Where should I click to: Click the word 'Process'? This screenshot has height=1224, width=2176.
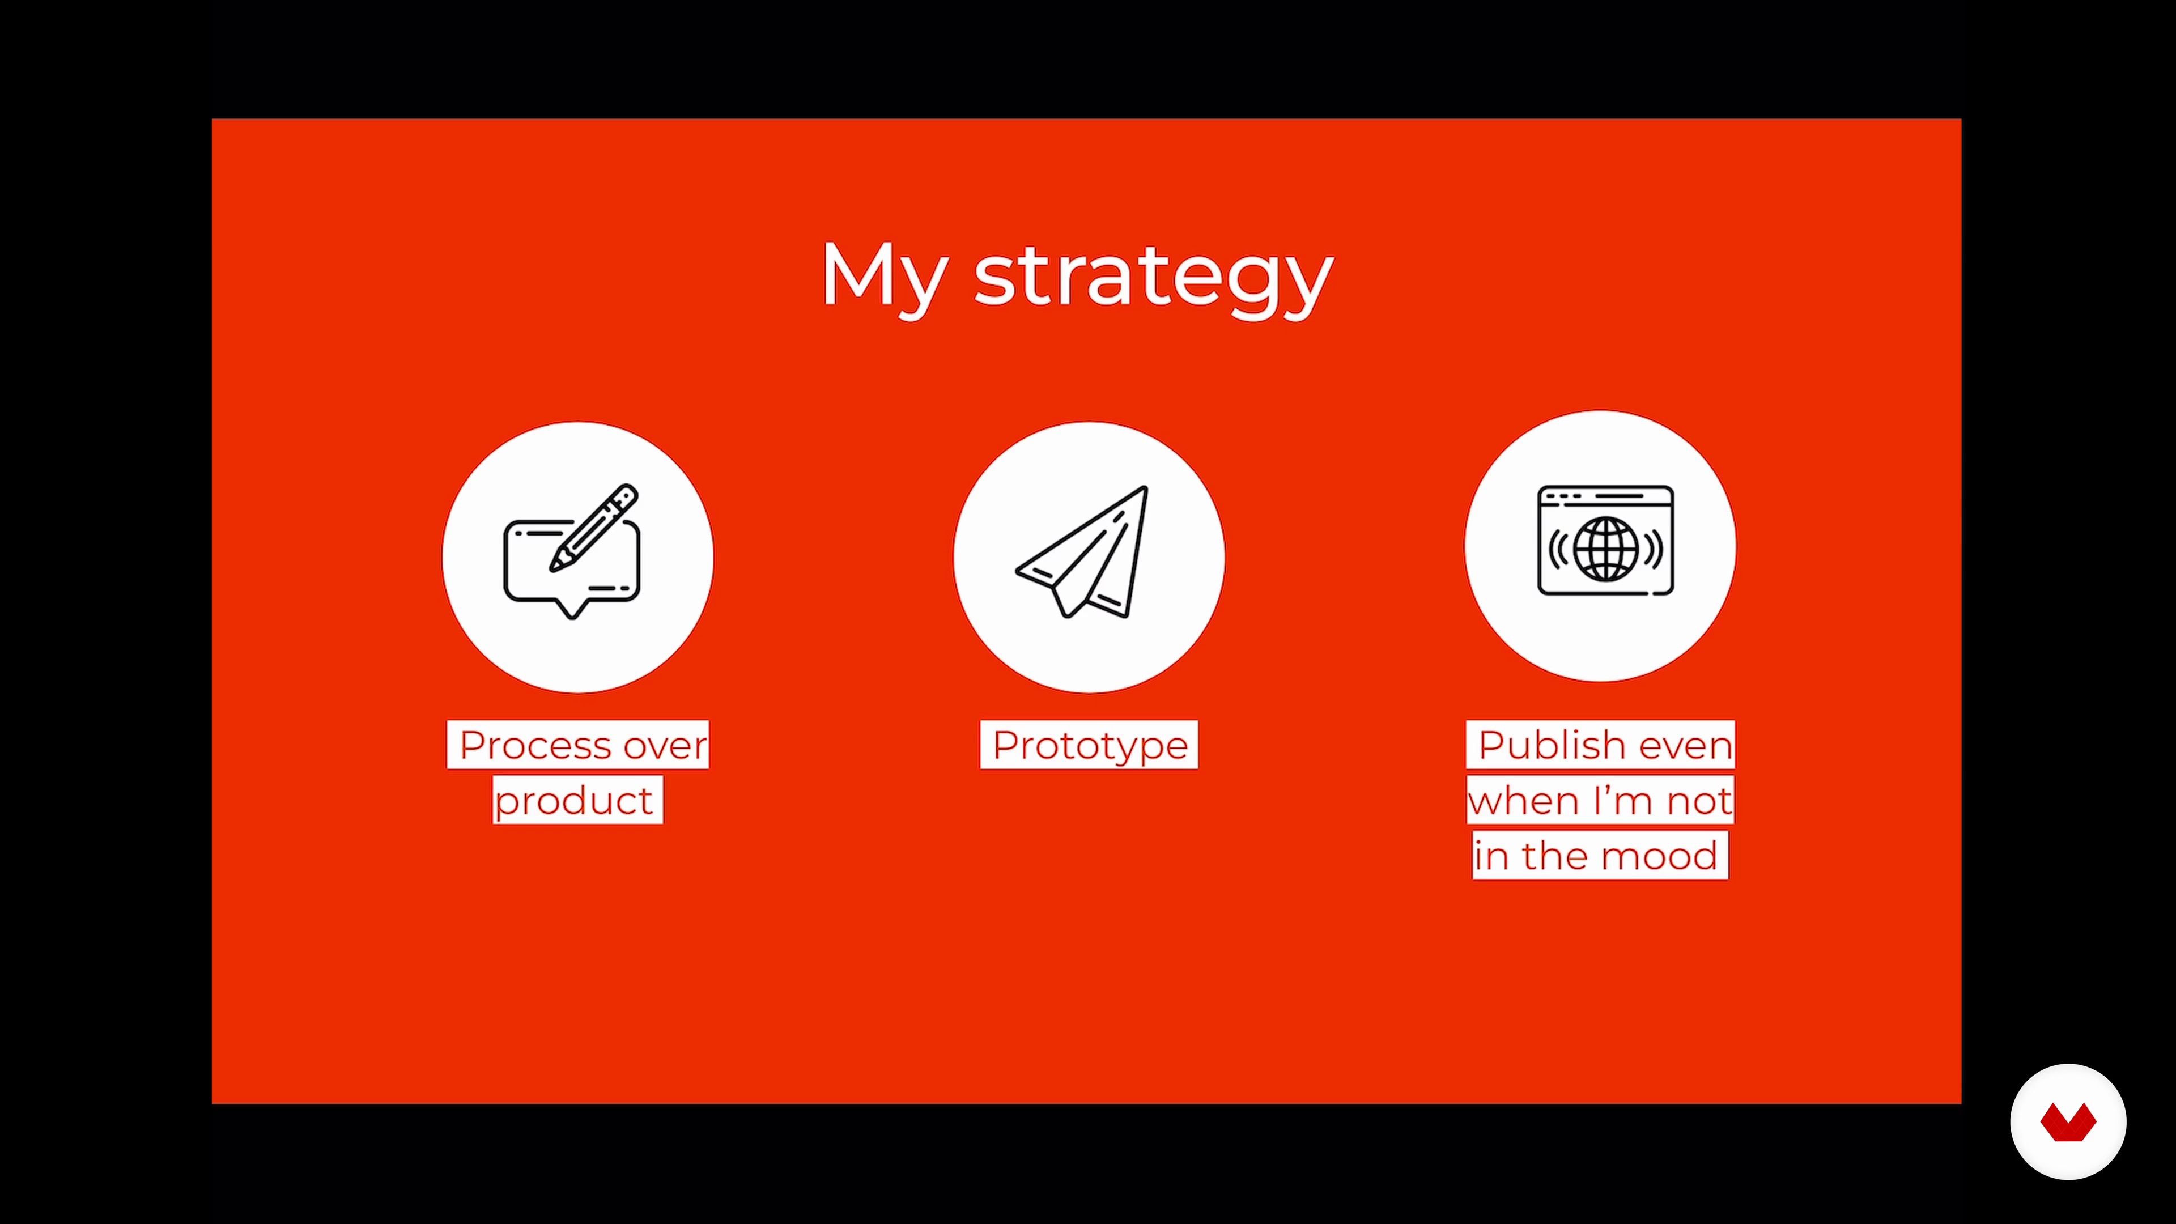click(535, 745)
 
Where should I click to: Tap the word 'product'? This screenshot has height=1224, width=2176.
click(573, 801)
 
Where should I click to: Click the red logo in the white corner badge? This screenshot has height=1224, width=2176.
click(2068, 1122)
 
